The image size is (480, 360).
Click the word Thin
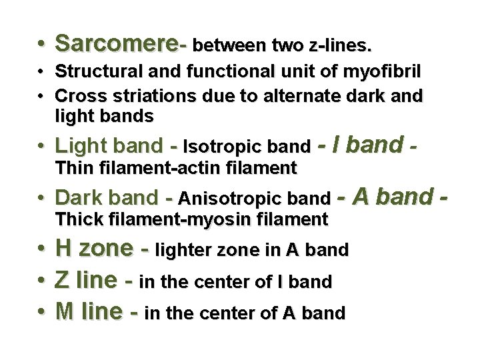pos(73,168)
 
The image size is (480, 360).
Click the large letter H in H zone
pos(65,249)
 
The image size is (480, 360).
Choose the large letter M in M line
pos(66,312)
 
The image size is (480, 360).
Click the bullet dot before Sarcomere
pos(41,45)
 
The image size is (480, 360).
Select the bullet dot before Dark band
pos(41,198)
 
